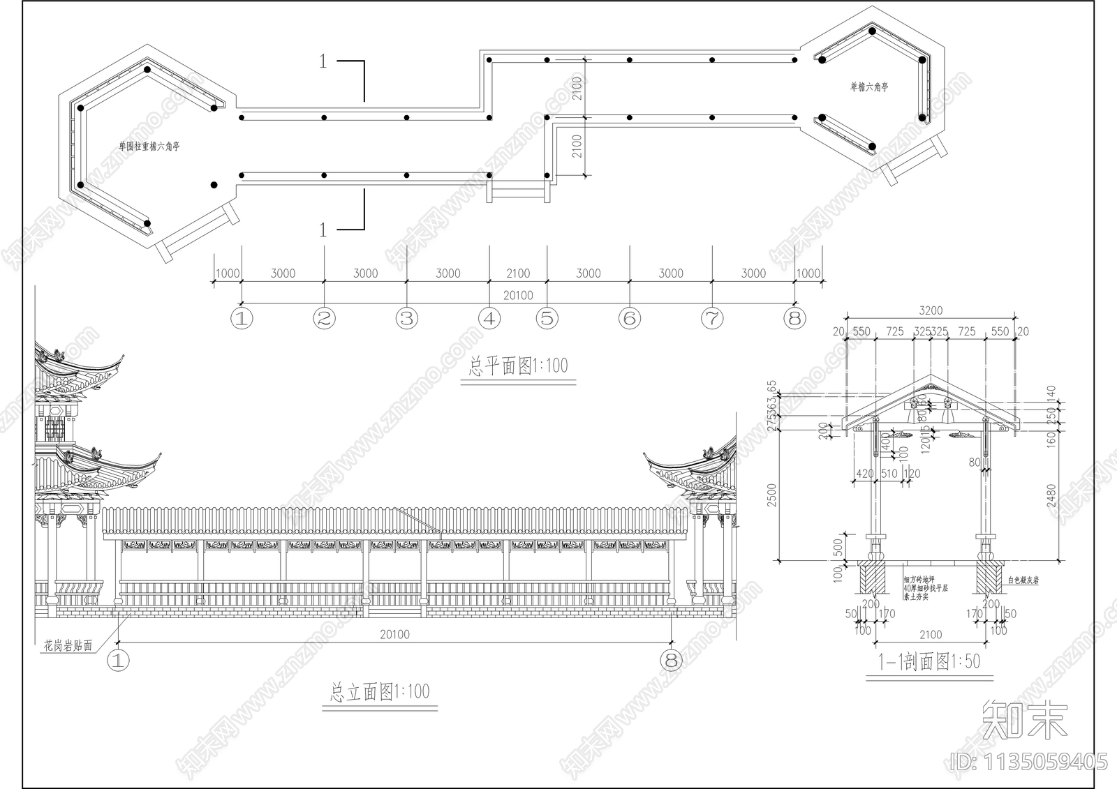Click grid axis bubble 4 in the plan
[x=489, y=319]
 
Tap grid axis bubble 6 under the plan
[x=630, y=319]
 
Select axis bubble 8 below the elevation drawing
[x=672, y=660]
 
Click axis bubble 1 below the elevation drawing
[x=118, y=660]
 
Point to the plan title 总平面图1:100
[x=517, y=366]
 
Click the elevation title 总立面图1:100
[x=379, y=692]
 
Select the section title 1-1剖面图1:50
[x=929, y=661]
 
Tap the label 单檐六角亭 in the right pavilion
[x=868, y=87]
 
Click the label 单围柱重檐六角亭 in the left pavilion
[x=149, y=146]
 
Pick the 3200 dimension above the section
[x=931, y=310]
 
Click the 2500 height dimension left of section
[x=772, y=495]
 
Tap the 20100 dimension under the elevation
[x=394, y=634]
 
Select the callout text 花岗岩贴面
[x=68, y=646]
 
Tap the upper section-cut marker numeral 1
[x=323, y=61]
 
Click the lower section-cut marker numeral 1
[x=323, y=230]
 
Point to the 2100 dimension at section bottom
[x=930, y=635]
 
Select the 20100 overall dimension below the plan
[x=517, y=295]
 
